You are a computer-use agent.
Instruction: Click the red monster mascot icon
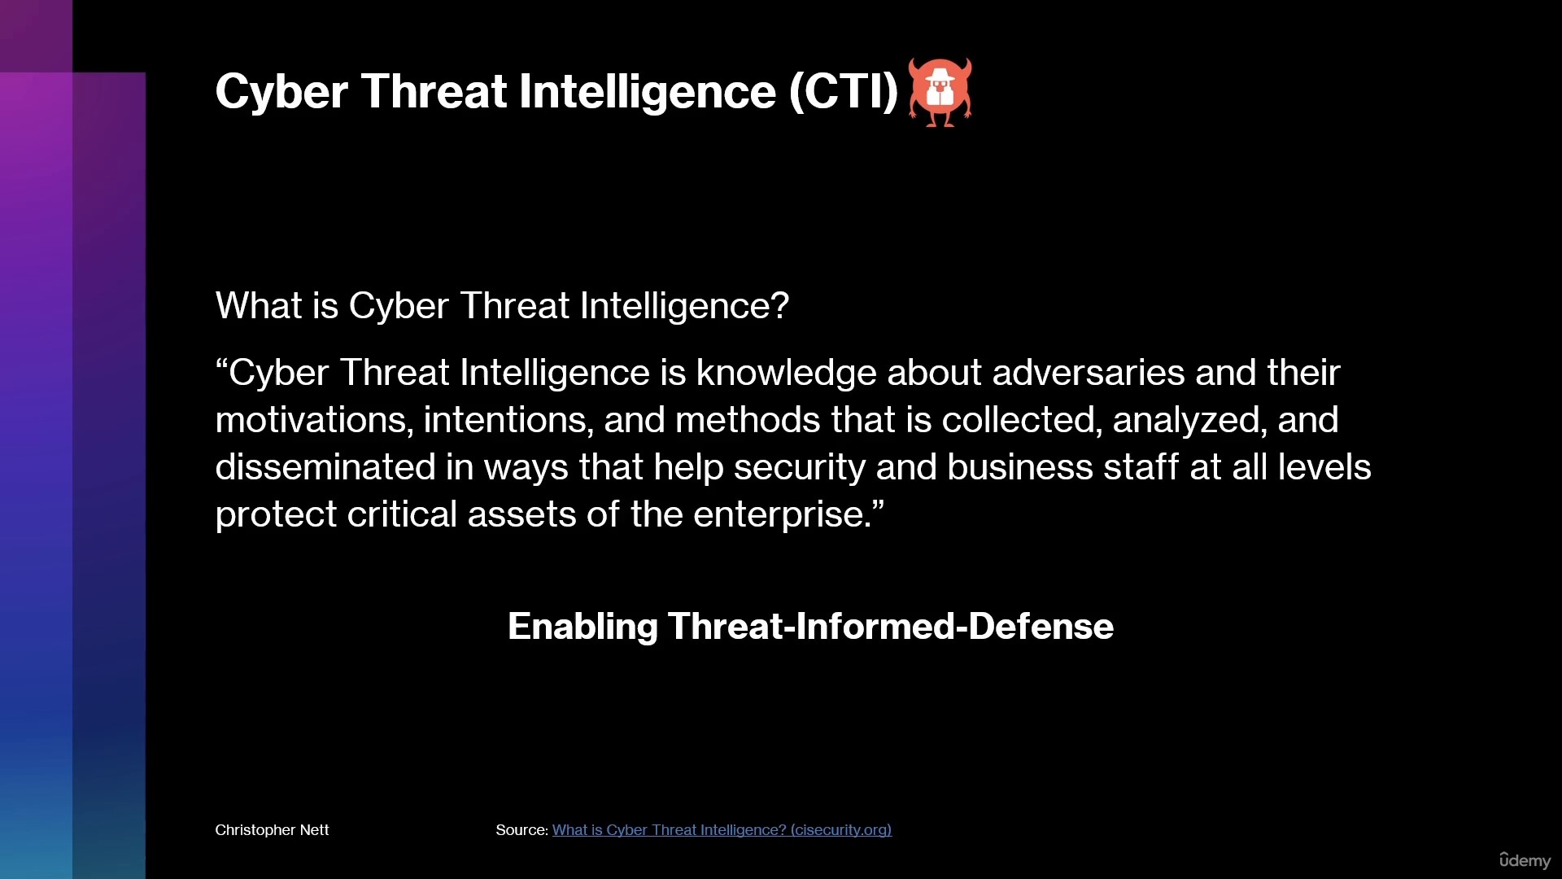click(x=940, y=92)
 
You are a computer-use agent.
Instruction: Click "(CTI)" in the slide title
click(x=843, y=91)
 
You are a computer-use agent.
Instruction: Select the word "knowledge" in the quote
click(x=786, y=374)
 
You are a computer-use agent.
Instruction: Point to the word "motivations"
click(x=310, y=421)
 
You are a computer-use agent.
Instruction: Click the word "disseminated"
click(x=325, y=467)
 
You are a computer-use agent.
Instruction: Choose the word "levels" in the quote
click(x=1324, y=467)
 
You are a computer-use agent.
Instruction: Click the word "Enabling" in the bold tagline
click(x=582, y=627)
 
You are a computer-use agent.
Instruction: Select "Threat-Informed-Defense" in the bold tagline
click(x=891, y=626)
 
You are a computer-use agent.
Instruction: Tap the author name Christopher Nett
click(x=272, y=830)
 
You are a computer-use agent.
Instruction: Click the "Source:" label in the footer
click(x=521, y=830)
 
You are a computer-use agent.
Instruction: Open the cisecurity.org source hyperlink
click(x=722, y=830)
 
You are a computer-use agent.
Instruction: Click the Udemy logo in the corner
click(x=1525, y=860)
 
